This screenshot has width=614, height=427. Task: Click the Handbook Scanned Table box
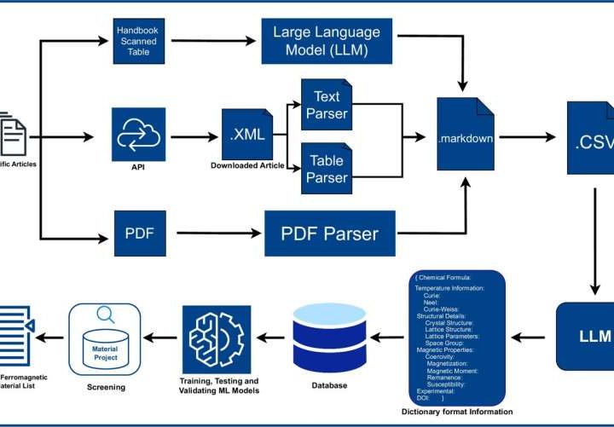139,40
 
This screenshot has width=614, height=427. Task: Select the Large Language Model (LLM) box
327,41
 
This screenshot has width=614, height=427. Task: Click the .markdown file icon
465,136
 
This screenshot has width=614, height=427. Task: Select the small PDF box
139,232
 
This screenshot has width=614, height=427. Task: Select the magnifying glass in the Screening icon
107,315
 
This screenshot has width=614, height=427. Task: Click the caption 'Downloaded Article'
246,165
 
